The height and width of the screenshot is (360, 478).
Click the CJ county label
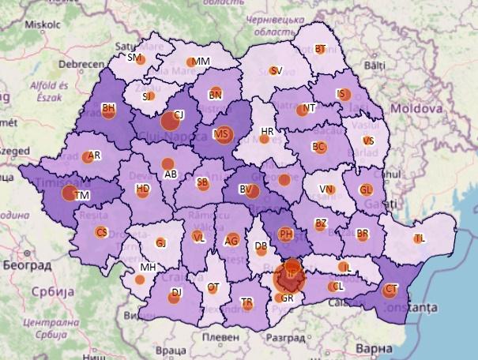179,114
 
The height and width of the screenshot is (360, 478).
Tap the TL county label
420,238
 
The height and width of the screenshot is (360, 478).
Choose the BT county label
321,49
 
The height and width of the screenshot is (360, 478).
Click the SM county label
134,58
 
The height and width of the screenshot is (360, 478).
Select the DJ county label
177,292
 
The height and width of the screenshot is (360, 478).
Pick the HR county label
267,131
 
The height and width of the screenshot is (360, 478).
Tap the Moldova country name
416,106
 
